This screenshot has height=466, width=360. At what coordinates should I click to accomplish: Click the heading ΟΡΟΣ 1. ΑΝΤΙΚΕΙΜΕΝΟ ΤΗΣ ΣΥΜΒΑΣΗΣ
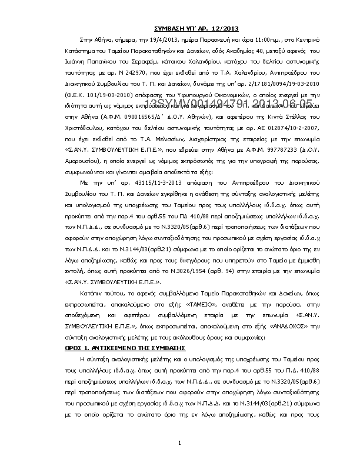(114, 348)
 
